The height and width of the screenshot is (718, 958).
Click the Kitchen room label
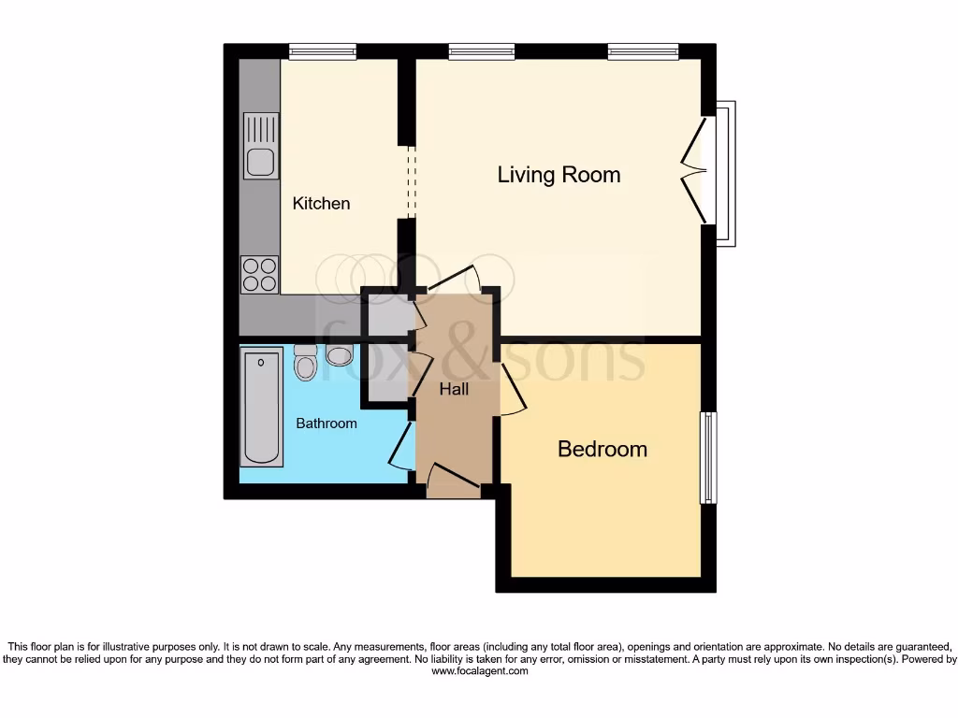point(321,203)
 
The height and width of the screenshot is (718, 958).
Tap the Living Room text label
point(559,175)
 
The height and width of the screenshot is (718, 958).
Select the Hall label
point(454,389)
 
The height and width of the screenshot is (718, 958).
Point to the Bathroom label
point(327,424)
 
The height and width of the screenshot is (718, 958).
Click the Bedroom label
point(602,449)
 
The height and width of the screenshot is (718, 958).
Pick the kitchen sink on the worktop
point(260,146)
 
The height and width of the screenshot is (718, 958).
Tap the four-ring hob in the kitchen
point(260,273)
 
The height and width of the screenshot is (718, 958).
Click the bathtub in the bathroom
point(261,407)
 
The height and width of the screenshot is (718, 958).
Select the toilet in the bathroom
point(306,362)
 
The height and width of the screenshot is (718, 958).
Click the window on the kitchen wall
point(322,52)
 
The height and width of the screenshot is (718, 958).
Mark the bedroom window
point(709,457)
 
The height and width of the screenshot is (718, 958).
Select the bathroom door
point(400,448)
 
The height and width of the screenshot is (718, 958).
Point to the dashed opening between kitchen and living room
point(409,182)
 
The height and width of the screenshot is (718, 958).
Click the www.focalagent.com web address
point(479,671)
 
